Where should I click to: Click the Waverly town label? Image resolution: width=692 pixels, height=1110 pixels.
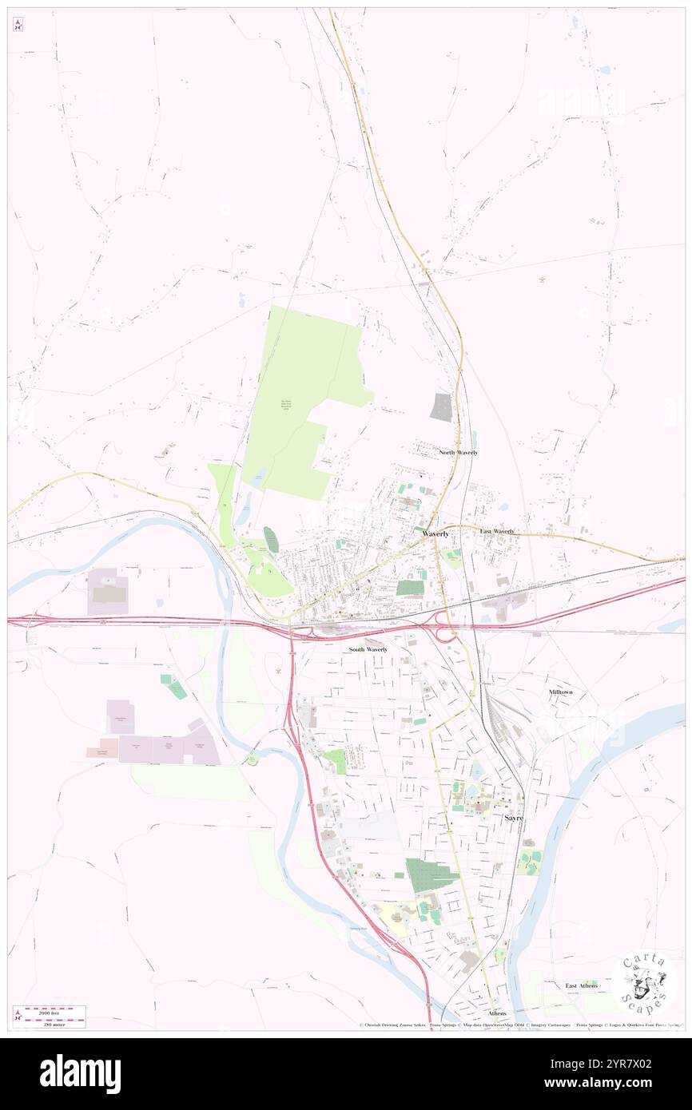pyautogui.click(x=435, y=533)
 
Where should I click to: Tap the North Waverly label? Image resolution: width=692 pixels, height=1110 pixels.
pyautogui.click(x=458, y=452)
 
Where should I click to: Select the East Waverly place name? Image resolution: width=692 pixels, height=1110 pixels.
pyautogui.click(x=496, y=531)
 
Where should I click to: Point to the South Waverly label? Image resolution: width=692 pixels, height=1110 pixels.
pyautogui.click(x=368, y=649)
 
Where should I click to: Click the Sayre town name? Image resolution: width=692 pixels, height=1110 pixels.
pyautogui.click(x=514, y=819)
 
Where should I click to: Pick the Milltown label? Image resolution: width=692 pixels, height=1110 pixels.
pyautogui.click(x=560, y=692)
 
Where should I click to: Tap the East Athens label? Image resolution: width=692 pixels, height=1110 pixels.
pyautogui.click(x=581, y=985)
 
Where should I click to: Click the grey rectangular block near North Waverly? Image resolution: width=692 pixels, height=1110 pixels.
pyautogui.click(x=440, y=407)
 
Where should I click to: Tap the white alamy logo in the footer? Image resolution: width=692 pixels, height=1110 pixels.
pyautogui.click(x=80, y=1074)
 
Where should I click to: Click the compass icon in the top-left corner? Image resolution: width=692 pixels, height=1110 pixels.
pyautogui.click(x=18, y=25)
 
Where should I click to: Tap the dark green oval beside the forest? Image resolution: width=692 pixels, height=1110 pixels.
pyautogui.click(x=272, y=540)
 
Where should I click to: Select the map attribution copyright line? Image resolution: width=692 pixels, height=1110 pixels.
pyautogui.click(x=519, y=1025)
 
